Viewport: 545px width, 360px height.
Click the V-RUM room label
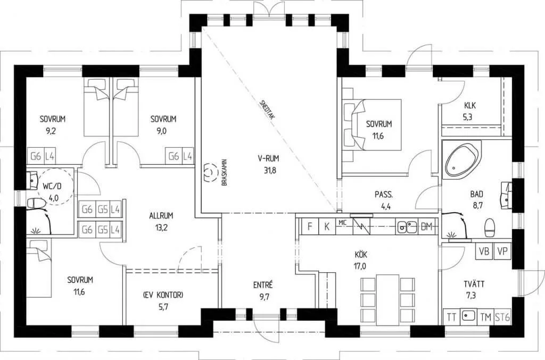coord(268,158)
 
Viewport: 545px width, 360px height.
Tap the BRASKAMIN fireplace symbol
coord(209,172)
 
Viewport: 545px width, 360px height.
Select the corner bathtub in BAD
coord(461,160)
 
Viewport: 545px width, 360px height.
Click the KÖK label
coord(360,255)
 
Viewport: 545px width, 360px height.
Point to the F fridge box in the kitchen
coord(310,227)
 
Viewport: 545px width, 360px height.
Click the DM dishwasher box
coord(426,227)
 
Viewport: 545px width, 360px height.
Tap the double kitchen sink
coord(407,227)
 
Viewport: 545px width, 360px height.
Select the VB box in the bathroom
coord(484,251)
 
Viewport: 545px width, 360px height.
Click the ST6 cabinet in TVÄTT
coord(502,317)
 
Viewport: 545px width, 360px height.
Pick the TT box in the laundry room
coord(451,317)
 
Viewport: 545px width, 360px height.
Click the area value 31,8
coord(270,171)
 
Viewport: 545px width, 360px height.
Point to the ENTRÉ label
coord(263,285)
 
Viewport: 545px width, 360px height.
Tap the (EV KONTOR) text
coord(163,295)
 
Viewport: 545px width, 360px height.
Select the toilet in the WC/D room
coord(36,203)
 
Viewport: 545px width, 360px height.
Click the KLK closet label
coord(470,105)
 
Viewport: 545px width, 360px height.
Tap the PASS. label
coord(384,195)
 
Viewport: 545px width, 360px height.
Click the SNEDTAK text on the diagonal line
coord(267,110)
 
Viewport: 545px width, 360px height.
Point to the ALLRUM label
coord(161,215)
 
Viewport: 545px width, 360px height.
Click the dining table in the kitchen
coord(387,299)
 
